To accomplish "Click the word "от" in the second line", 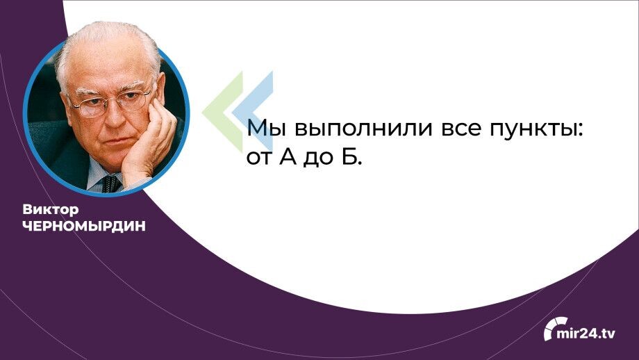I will point(258,158).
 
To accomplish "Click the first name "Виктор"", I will point(50,209).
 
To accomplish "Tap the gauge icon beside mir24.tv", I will point(554,328).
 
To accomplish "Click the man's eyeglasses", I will point(111,102).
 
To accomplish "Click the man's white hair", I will point(104,49).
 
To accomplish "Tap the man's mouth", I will point(111,141).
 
